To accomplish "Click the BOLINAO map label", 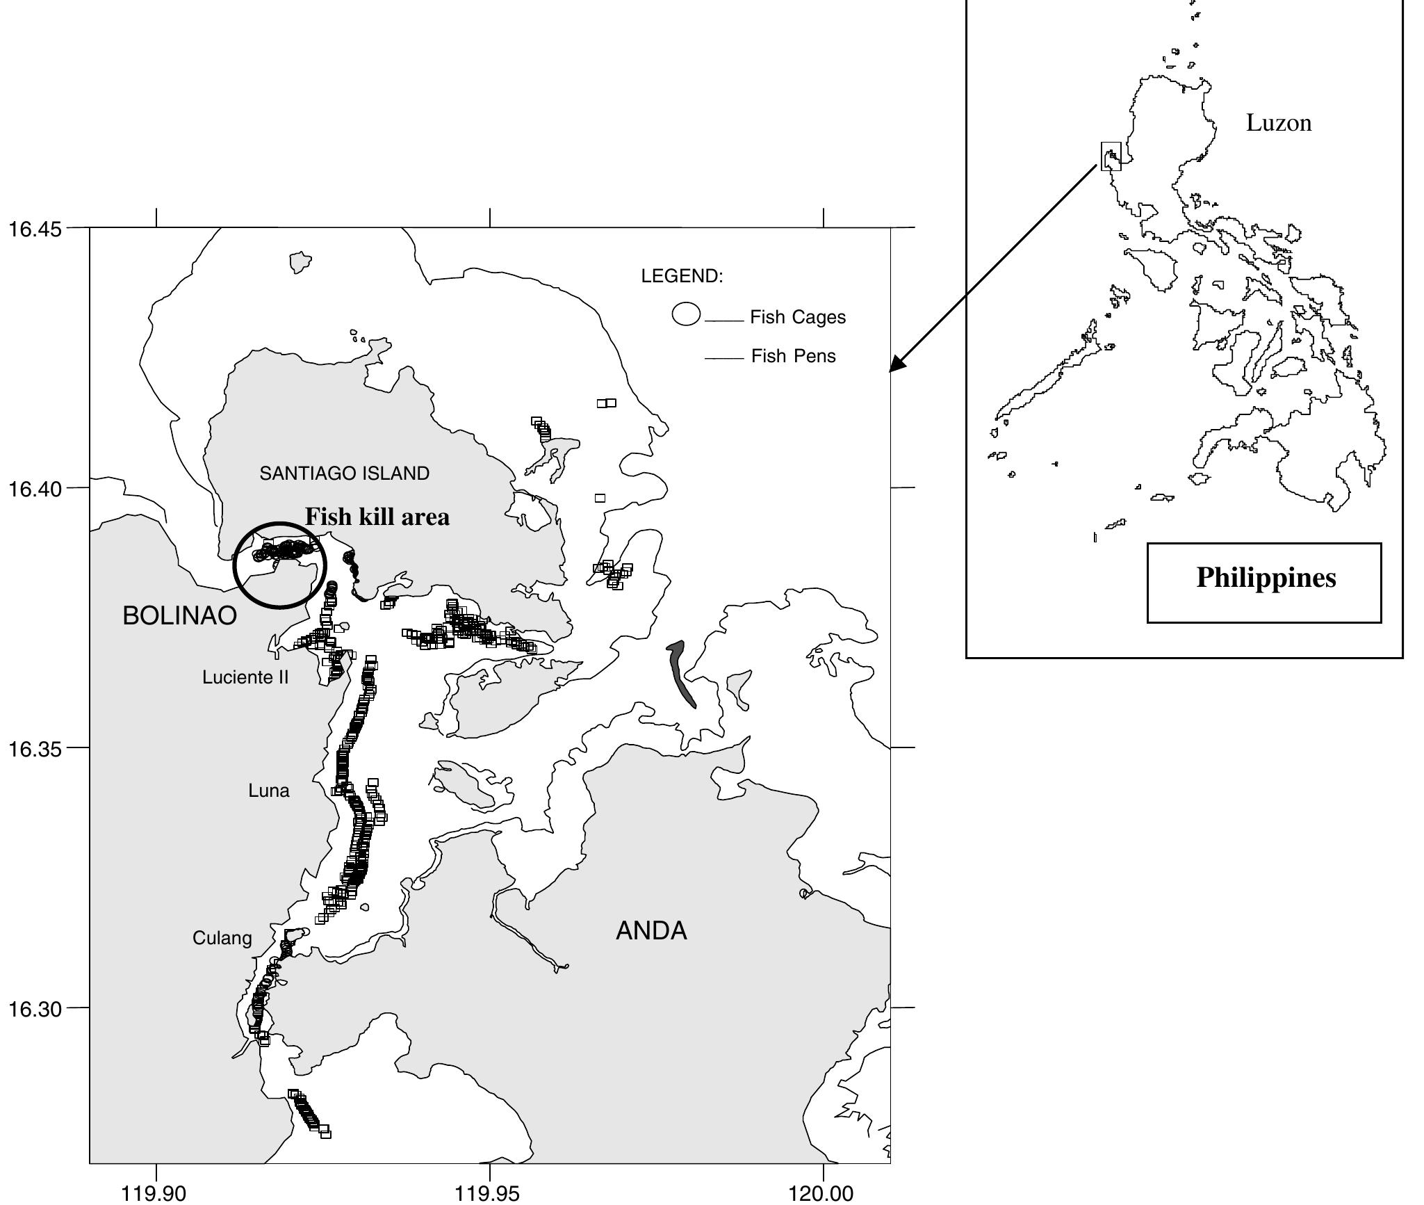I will click(179, 616).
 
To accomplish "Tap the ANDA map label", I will click(651, 930).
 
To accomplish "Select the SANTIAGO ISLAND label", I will click(344, 474).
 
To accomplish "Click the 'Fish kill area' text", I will click(377, 517).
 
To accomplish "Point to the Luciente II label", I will click(245, 677).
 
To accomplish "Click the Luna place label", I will click(268, 791).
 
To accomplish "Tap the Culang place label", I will click(222, 938).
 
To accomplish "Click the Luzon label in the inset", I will click(1279, 123).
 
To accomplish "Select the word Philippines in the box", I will click(1266, 578).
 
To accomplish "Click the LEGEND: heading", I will click(682, 276).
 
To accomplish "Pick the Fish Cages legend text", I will click(798, 317).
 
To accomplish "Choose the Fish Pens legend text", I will click(793, 356).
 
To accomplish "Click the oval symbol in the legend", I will click(686, 314).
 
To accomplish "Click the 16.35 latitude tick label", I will click(35, 749).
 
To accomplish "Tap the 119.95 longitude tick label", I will click(489, 1193).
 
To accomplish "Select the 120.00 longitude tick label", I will click(823, 1193).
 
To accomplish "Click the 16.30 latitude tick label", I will click(35, 1008).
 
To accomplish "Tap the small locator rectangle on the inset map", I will click(1111, 156).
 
